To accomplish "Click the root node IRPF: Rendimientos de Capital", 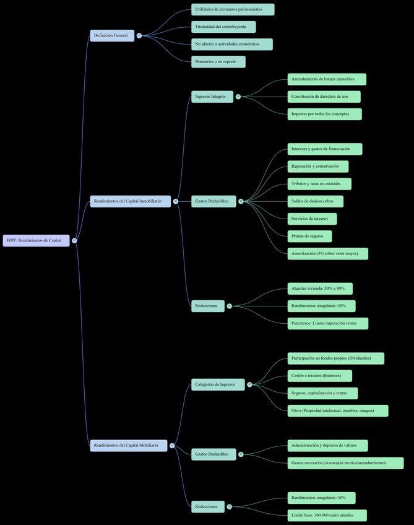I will pos(36,240).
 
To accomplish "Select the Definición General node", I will pos(111,35).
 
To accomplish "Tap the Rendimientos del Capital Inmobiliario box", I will pos(130,201).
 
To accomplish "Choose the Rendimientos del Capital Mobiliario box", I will pos(128,445).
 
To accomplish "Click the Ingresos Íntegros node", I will pos(212,97).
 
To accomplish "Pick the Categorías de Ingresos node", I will pos(217,384).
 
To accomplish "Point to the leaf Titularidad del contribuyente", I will pos(223,27).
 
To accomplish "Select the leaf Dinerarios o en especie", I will pos(218,62).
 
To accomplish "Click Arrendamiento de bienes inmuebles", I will pos(326,79).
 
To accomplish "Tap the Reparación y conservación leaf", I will pos(317,167).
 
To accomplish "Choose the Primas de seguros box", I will pos(309,236).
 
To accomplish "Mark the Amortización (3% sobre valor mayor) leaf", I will pos(327,254).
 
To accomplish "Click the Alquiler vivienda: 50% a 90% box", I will pos(319,289).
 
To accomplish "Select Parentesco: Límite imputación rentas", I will pos(327,323).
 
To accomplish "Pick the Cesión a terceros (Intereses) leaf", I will pos(319,376).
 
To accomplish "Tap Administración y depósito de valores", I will pos(327,446).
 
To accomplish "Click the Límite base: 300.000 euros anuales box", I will pos(327,515).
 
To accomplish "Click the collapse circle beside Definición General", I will pos(139,36).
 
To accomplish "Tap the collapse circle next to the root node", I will pos(74,240).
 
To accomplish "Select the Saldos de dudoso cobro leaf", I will pos(315,201).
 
